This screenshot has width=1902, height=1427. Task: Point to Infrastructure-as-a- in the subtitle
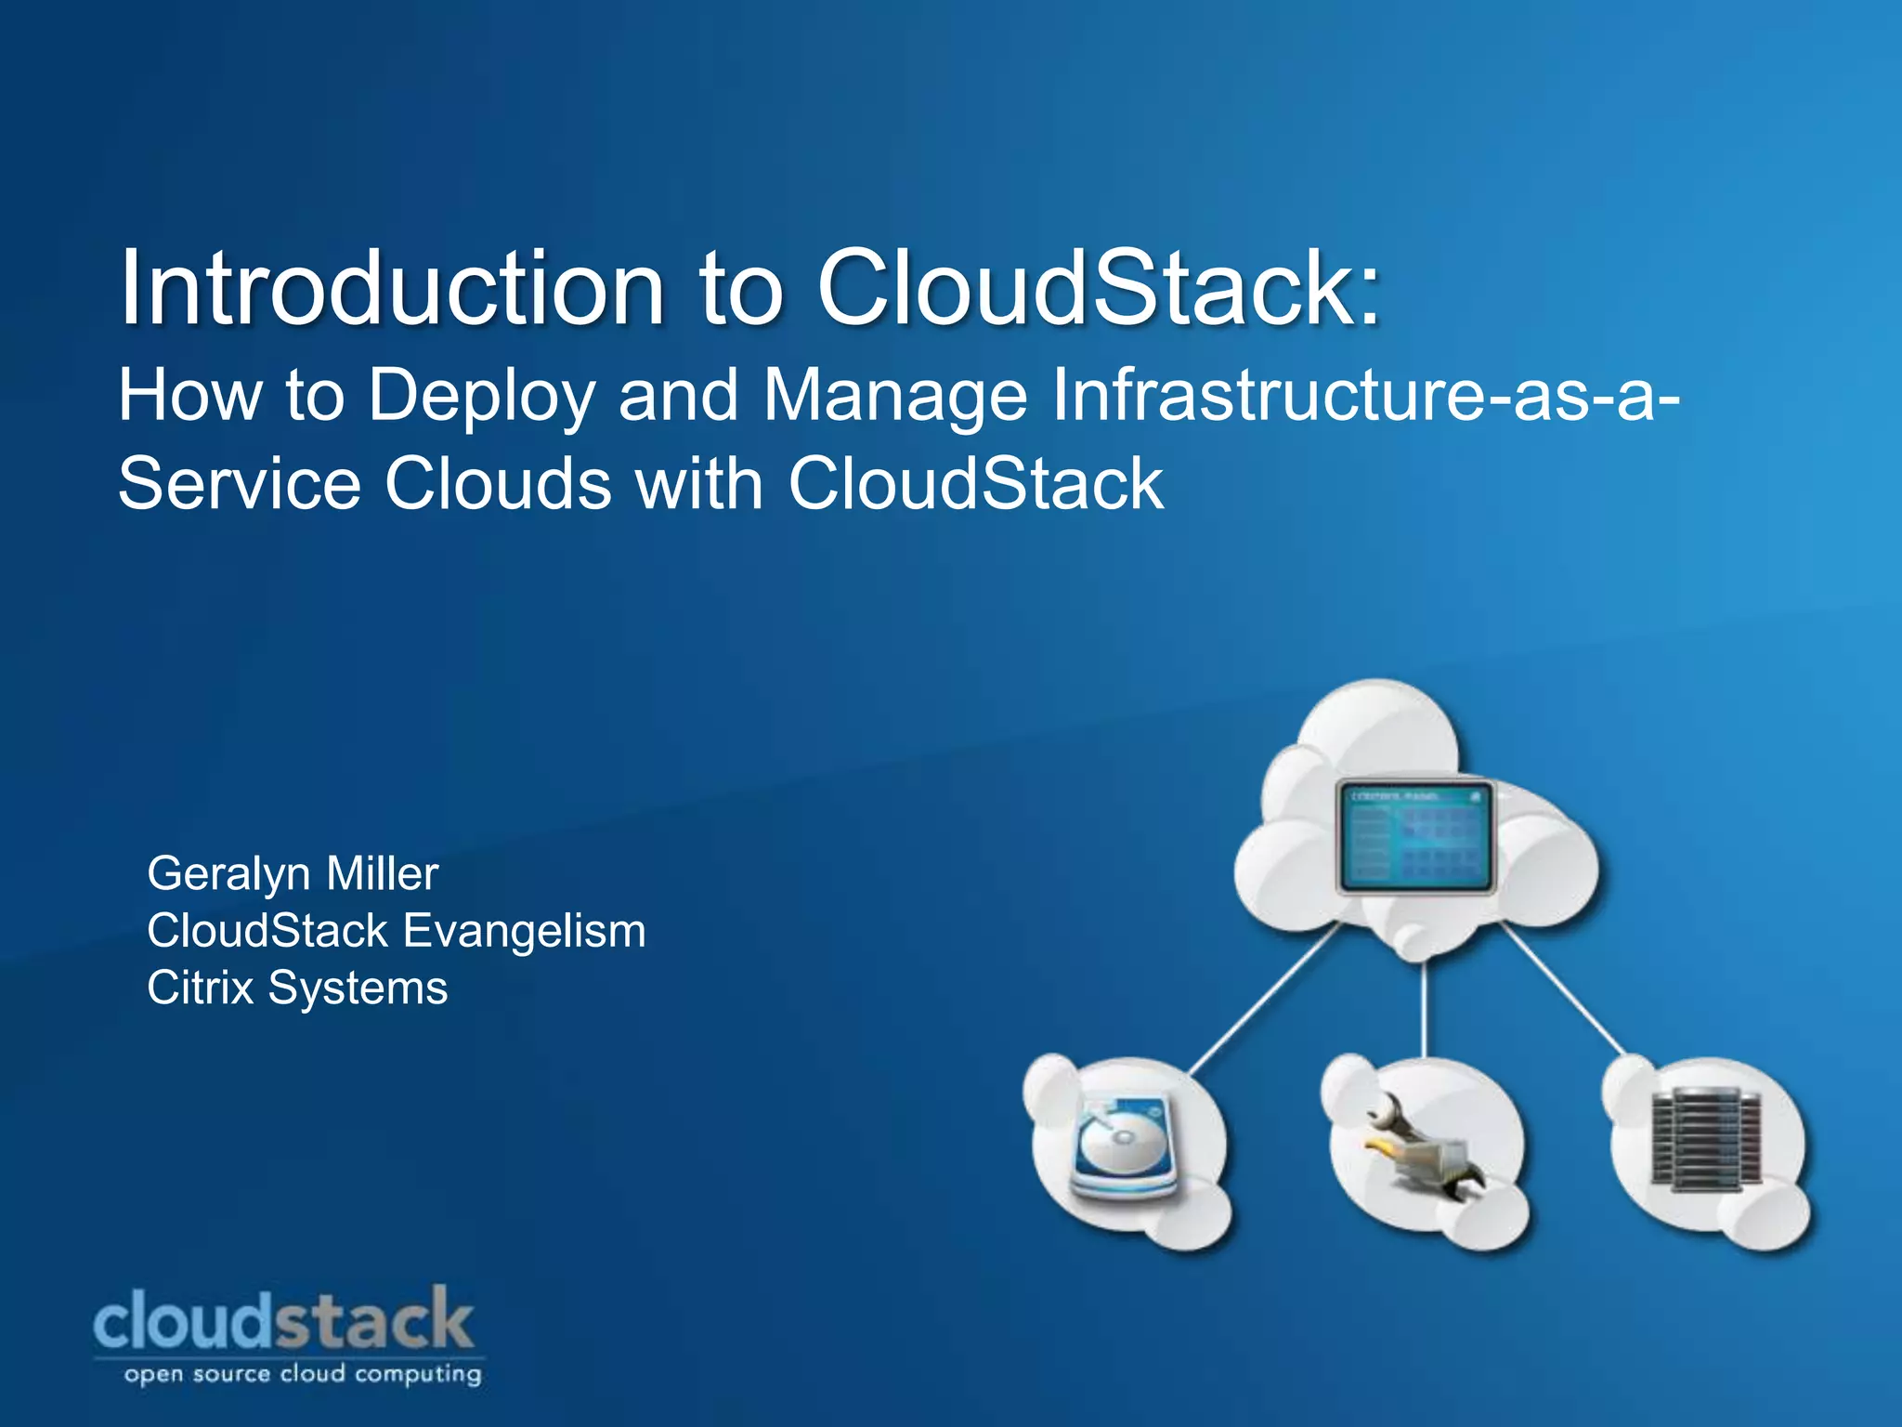point(1365,395)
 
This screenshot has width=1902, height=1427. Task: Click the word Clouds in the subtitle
point(499,484)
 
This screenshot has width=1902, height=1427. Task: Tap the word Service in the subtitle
point(240,484)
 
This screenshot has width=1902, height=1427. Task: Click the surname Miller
point(382,873)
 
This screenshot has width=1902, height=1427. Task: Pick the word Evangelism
point(525,931)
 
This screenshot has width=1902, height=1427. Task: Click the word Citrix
point(200,988)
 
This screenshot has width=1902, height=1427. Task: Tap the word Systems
point(358,988)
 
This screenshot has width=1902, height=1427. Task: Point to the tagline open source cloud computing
point(303,1374)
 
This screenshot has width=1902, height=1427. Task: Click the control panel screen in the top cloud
point(1414,836)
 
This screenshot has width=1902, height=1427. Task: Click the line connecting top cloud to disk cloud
point(1263,1002)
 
